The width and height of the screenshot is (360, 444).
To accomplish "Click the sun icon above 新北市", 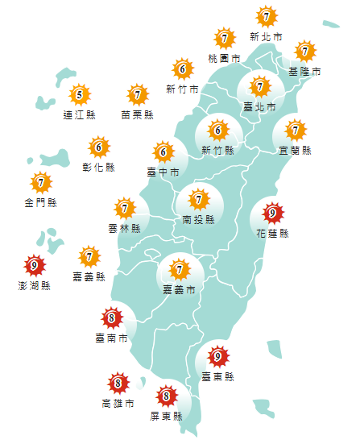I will coord(266,16).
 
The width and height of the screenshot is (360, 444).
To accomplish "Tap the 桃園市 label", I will coord(224,59).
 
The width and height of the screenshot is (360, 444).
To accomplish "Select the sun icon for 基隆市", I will coord(304,52).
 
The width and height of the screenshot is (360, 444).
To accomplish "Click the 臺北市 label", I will coord(259,106).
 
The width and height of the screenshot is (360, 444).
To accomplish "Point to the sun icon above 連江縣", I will coord(79,96).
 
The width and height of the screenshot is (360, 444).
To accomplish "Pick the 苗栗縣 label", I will coord(138,115).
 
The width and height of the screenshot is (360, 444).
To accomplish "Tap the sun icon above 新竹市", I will coord(182,69).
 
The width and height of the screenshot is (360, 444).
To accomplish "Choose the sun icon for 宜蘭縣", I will coord(296,130).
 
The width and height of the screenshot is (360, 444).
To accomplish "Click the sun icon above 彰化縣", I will coord(99,147).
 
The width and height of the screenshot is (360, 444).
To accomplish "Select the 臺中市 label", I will coord(163,172).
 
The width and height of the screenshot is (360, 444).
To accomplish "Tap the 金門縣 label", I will coord(40,202).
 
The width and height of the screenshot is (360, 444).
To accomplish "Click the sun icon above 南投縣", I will coord(198,197).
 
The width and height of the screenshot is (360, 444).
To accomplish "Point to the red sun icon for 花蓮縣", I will coord(272,214).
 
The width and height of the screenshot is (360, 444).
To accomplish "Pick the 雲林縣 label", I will coord(125,228).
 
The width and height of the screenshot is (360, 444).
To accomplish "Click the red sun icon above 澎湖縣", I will coord(34,265).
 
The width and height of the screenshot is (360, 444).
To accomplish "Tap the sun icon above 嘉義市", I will coord(179,269).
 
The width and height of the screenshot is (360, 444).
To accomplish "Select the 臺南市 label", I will coord(111,338).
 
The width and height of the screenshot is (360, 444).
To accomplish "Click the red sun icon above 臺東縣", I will coord(217,355).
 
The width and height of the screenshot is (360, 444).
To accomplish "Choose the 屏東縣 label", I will coord(166,417).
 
